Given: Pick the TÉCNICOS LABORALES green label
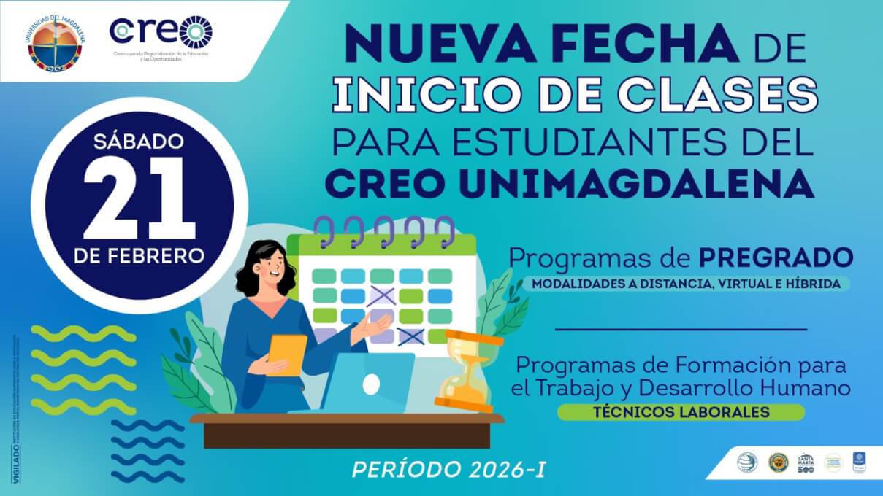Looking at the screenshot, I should [x=681, y=412].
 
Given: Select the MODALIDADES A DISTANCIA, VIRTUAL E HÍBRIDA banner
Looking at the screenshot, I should [x=687, y=283].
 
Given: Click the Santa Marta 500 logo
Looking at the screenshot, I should [x=806, y=461].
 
